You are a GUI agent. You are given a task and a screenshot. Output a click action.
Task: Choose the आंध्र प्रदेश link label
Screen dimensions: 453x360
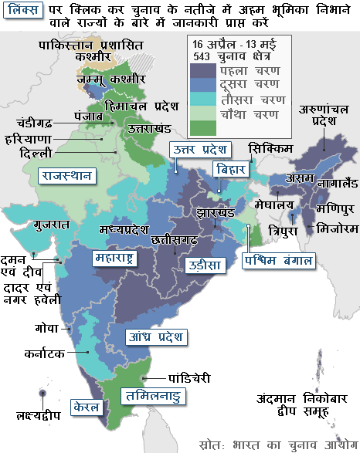(155, 336)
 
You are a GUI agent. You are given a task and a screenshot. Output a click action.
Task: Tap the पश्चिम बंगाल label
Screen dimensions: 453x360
(279, 260)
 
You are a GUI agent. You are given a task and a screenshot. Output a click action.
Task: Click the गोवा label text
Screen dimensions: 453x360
(47, 328)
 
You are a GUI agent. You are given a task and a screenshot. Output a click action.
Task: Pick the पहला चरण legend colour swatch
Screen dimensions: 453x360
(203, 73)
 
